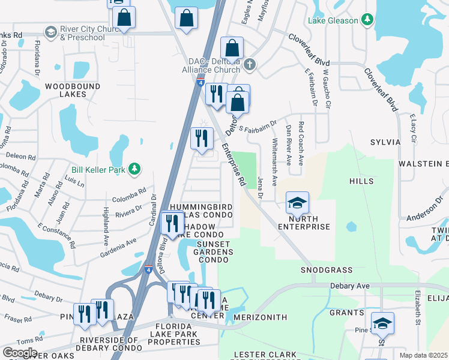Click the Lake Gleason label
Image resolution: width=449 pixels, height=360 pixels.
(x=333, y=20)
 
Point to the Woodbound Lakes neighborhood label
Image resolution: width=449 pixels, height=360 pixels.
(x=73, y=91)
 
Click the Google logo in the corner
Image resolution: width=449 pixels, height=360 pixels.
(x=20, y=353)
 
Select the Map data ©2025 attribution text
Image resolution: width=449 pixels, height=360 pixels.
(x=423, y=355)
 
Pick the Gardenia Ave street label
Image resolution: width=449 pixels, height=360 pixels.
(x=119, y=245)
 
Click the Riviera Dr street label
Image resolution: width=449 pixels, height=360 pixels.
(x=129, y=208)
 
